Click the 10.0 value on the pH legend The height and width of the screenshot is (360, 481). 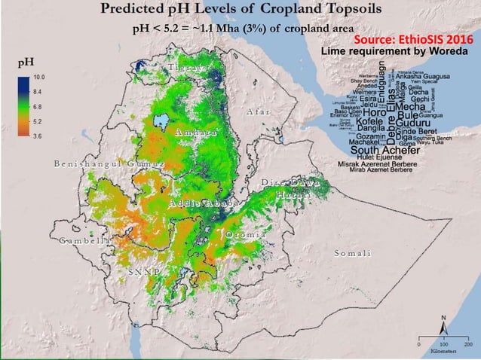(39, 78)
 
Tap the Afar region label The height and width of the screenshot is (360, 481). (258, 112)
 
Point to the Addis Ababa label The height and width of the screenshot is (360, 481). (204, 204)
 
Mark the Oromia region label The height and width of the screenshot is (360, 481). (245, 235)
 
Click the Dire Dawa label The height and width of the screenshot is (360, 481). (291, 183)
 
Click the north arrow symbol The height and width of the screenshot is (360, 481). (443, 324)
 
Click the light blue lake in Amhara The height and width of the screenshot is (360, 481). (160, 121)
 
